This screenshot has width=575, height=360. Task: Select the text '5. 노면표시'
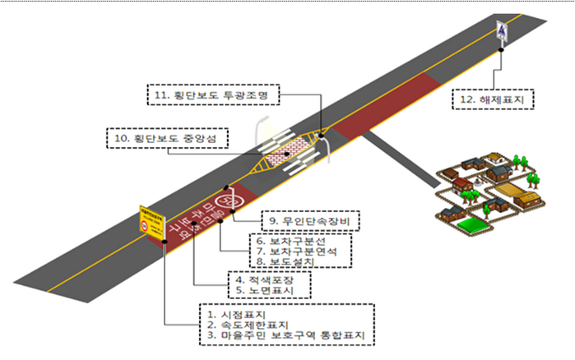(x=266, y=290)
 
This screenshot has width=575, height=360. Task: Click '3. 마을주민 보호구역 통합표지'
(x=286, y=337)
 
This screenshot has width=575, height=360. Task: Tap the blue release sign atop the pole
(x=502, y=30)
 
